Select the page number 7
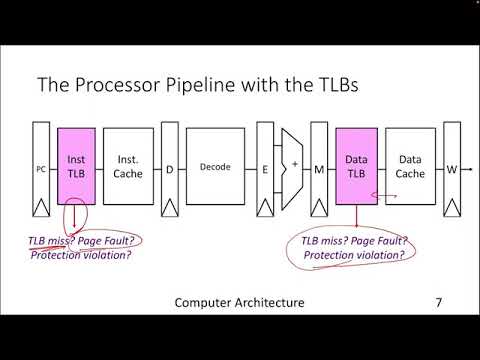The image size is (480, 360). click(x=438, y=302)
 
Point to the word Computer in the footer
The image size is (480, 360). click(x=201, y=302)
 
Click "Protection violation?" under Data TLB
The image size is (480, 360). click(x=354, y=255)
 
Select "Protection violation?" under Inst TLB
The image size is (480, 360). click(x=81, y=254)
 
